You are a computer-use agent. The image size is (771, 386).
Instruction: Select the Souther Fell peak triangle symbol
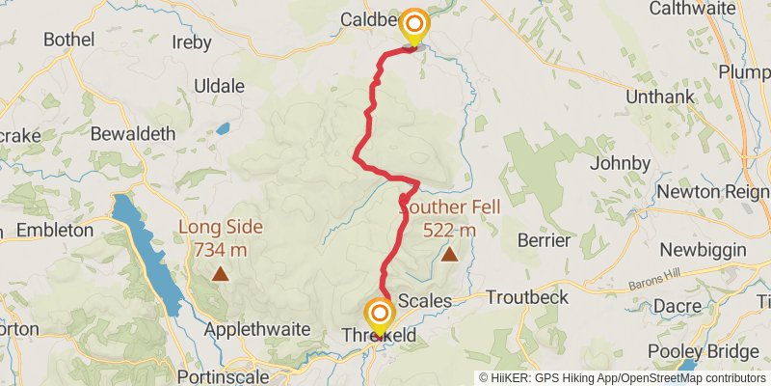tap(449, 255)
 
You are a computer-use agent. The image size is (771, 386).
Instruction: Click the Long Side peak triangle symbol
tap(221, 274)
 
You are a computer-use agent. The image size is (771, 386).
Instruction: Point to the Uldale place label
tap(219, 86)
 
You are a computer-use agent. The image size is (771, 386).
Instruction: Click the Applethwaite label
tap(257, 329)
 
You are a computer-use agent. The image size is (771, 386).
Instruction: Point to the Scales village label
tap(424, 301)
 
